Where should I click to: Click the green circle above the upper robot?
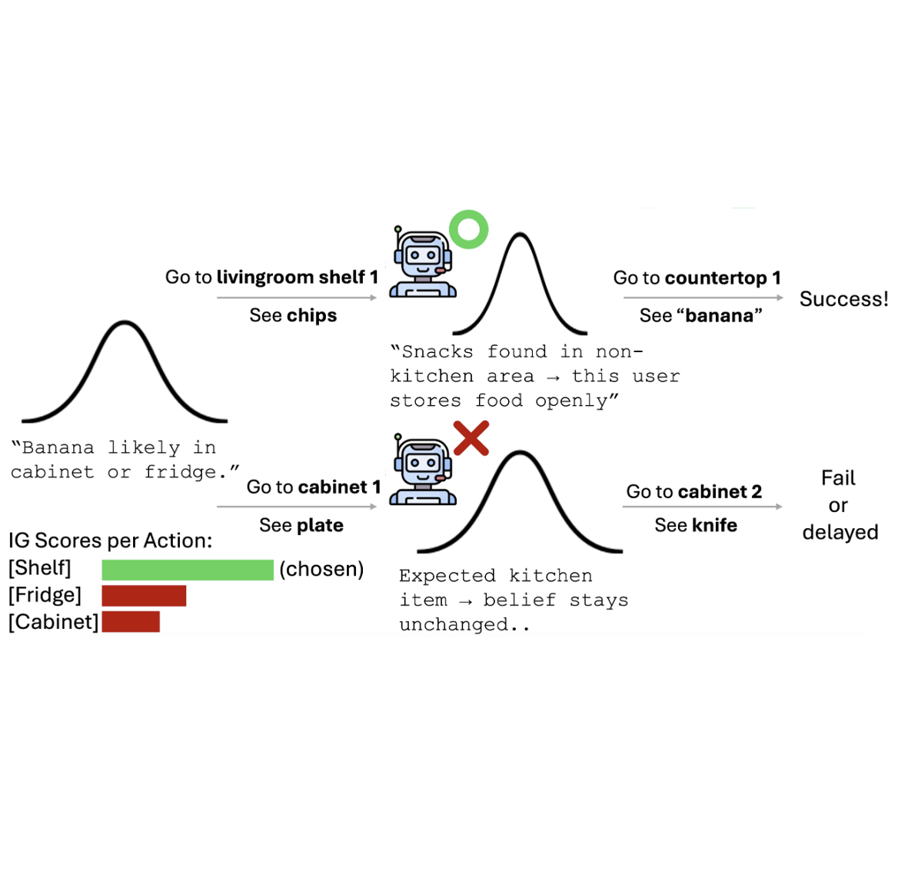coord(468,229)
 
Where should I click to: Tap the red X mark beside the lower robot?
coord(471,438)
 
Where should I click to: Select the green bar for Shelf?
coord(187,570)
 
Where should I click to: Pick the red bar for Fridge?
coord(144,596)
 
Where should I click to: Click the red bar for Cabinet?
coord(131,622)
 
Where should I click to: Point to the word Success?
coord(843,299)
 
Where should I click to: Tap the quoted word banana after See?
coord(720,316)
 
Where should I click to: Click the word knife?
coord(714,525)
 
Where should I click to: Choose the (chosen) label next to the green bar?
coord(321,569)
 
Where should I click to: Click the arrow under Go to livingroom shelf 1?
coord(297,298)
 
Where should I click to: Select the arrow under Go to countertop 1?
coord(703,298)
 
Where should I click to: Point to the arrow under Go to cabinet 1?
coord(297,507)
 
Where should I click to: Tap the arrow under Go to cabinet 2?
coord(702,507)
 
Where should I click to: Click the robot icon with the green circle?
coord(422,263)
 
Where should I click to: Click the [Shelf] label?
coord(40,568)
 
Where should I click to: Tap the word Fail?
coord(838,478)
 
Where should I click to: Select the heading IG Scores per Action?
coord(110,541)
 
